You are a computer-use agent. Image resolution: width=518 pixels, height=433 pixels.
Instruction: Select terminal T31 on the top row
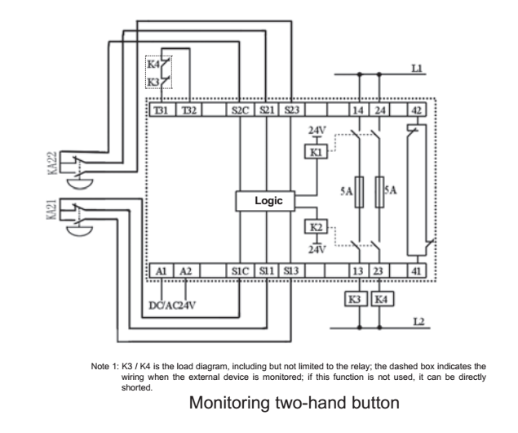(162, 109)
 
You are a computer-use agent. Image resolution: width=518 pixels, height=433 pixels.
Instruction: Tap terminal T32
(189, 109)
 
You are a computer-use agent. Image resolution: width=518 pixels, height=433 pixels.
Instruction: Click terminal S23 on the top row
(292, 109)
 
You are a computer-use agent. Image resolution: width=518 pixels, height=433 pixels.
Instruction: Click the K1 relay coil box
(316, 152)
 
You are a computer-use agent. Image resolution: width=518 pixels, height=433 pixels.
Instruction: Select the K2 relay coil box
(316, 226)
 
